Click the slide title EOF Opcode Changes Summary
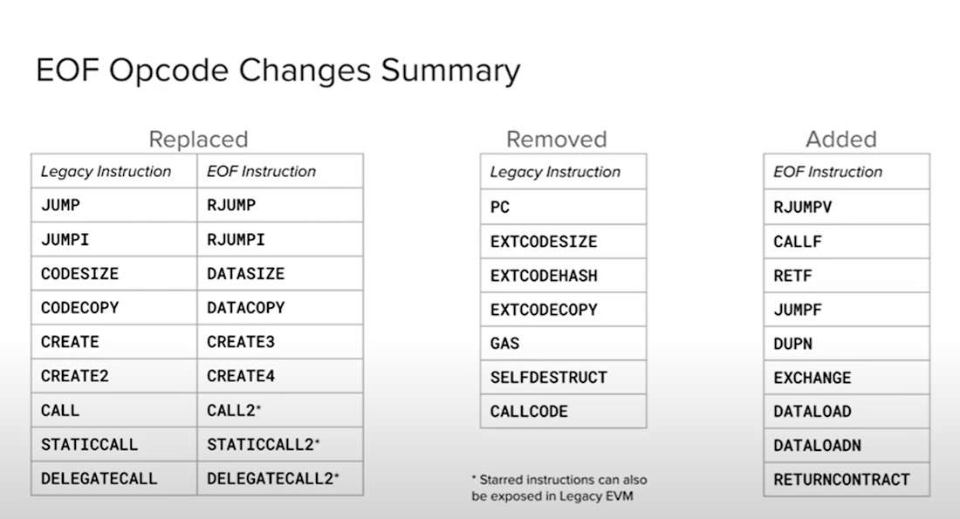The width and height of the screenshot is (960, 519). pyautogui.click(x=278, y=71)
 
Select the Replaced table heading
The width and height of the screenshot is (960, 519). pyautogui.click(x=198, y=140)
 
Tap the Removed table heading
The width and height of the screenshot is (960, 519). pyautogui.click(x=557, y=140)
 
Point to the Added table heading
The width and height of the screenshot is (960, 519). pyautogui.click(x=841, y=140)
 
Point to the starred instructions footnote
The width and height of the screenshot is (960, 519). pyautogui.click(x=559, y=488)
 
